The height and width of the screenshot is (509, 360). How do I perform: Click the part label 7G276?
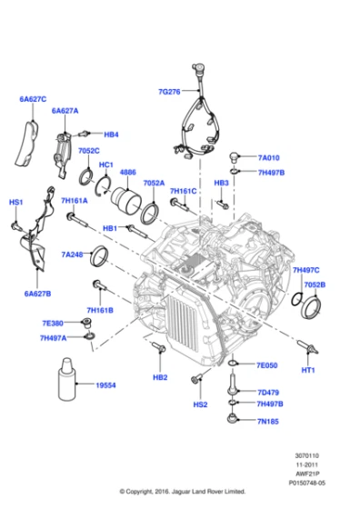[x=170, y=91]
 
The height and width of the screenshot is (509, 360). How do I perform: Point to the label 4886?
[x=128, y=172]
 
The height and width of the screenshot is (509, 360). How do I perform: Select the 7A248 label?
[x=75, y=254]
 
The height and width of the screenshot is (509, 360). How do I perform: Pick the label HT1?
[x=307, y=370]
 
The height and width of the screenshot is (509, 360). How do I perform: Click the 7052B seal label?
[x=315, y=284]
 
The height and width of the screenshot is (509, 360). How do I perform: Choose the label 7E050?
[x=267, y=365]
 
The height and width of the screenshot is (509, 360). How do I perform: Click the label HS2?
[x=200, y=404]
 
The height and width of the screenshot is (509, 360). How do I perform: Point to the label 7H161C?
[x=182, y=192]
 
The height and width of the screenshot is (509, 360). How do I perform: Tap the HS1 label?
[x=15, y=202]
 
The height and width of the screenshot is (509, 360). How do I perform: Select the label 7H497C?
[x=308, y=270]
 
